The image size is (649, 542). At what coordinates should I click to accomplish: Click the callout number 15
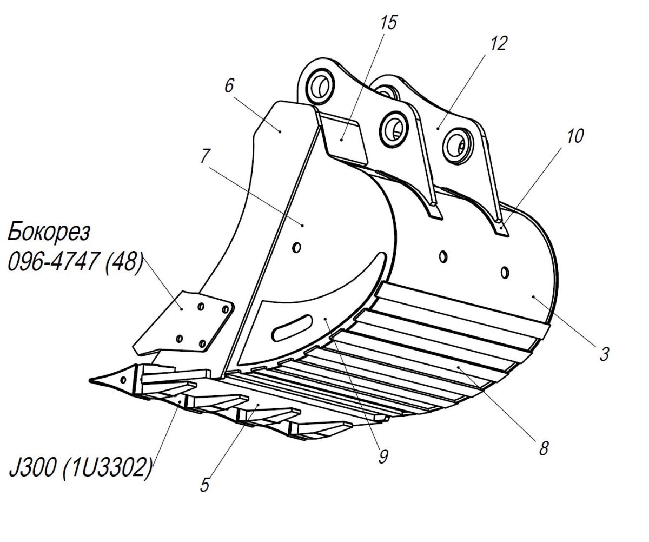click(x=388, y=22)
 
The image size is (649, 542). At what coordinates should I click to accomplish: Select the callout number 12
click(x=499, y=43)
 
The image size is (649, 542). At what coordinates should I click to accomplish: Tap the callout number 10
click(x=575, y=136)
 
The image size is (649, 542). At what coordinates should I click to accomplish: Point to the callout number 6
click(x=229, y=85)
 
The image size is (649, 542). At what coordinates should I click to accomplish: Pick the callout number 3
click(x=604, y=354)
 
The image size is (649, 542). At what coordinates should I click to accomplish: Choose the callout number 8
click(x=544, y=448)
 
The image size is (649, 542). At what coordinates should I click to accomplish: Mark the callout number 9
click(x=383, y=457)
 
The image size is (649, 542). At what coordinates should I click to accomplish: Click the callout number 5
click(x=205, y=484)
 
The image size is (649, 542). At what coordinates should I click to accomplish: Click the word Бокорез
click(x=49, y=232)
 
